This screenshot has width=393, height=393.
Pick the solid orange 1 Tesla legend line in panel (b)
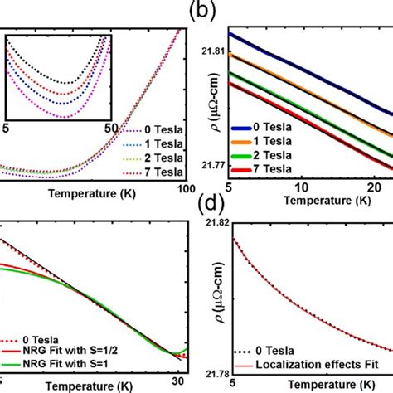249,141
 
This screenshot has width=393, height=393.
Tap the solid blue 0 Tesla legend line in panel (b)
249,128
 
